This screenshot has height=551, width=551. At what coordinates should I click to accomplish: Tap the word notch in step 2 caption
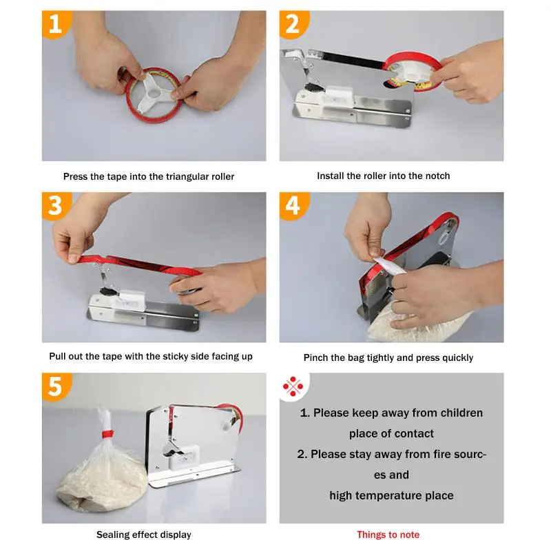coord(437,176)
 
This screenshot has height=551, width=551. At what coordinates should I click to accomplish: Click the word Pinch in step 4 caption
coord(317,358)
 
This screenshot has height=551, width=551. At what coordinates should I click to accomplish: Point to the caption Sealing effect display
coord(144,535)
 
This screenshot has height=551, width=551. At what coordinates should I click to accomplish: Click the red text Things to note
coord(388,535)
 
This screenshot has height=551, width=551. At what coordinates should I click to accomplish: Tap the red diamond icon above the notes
coord(293,388)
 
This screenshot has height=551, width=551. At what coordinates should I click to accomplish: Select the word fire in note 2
coord(423,455)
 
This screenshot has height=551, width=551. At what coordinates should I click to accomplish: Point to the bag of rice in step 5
coord(100,482)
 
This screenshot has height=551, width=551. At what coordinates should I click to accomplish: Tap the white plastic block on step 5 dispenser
coord(185,455)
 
